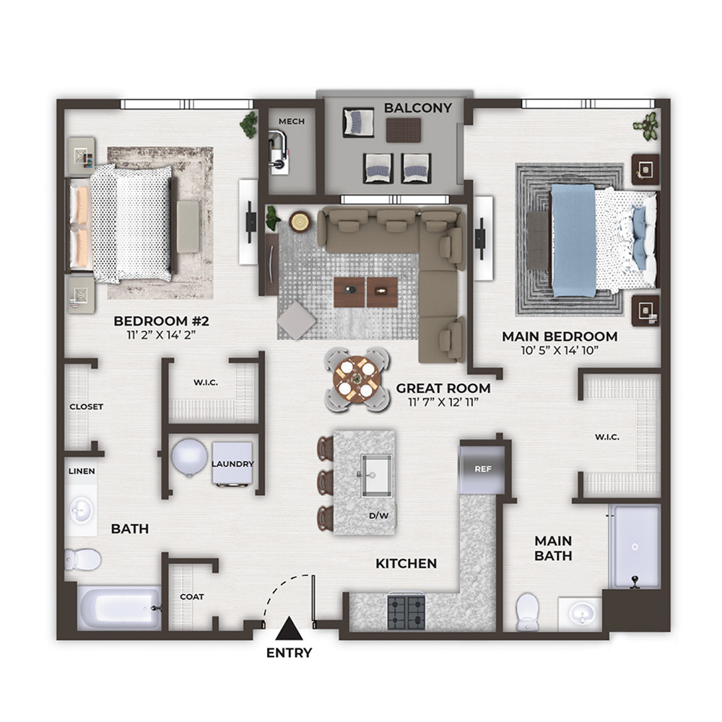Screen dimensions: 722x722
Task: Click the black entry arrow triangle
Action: (290, 630)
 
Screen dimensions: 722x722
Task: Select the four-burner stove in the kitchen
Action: (406, 612)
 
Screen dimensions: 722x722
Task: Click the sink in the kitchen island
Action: (377, 475)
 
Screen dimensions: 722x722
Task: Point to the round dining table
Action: (357, 380)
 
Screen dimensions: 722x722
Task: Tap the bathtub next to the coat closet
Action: (119, 608)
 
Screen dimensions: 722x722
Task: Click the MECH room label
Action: (292, 121)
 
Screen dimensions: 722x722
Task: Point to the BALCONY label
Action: (418, 108)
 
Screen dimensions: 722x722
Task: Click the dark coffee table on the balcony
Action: (404, 130)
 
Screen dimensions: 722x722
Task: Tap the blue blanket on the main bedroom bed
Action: (573, 240)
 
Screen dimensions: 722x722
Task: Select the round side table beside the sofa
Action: (300, 222)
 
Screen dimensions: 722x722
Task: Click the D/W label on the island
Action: (378, 516)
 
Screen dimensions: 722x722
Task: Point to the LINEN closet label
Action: (82, 471)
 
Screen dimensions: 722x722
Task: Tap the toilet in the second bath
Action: (83, 560)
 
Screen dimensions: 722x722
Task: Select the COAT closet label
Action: (192, 597)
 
